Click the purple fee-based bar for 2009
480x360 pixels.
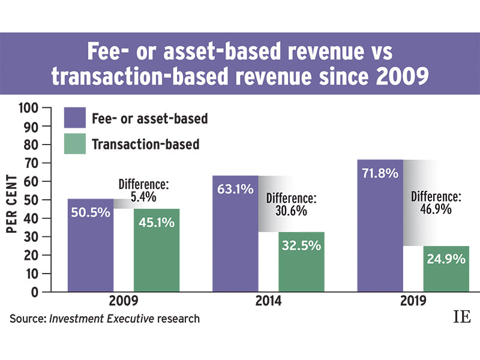click(x=91, y=246)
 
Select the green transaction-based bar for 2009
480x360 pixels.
click(x=156, y=252)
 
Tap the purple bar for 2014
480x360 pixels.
click(x=235, y=234)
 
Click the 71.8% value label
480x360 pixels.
click(x=380, y=174)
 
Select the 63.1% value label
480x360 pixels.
click(x=235, y=191)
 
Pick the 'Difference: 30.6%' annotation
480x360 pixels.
click(x=291, y=205)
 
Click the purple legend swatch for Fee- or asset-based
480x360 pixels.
click(x=74, y=118)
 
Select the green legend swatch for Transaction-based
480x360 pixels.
click(x=74, y=144)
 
